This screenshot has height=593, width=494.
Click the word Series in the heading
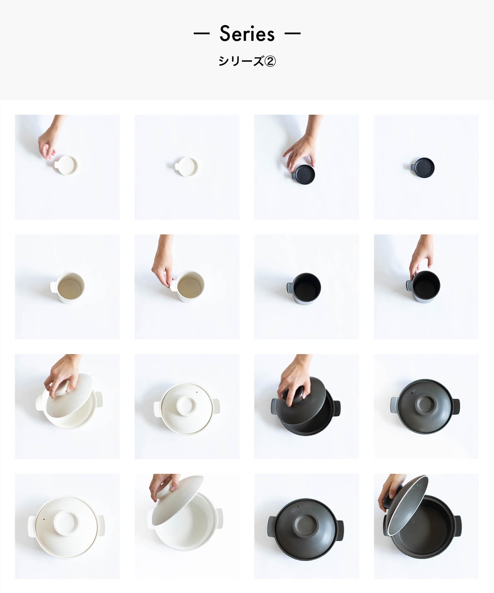(247, 34)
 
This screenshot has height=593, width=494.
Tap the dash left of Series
(202, 34)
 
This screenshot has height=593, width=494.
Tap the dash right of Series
(293, 34)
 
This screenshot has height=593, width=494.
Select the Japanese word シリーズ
(241, 61)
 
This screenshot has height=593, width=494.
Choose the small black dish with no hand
(423, 168)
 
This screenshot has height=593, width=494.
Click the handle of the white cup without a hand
(53, 287)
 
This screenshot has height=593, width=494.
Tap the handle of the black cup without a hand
(289, 288)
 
